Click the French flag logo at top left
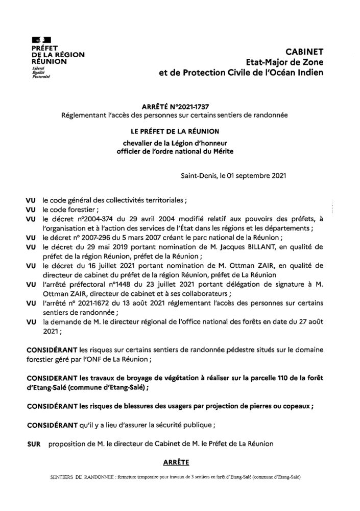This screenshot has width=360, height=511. [x=37, y=40]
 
